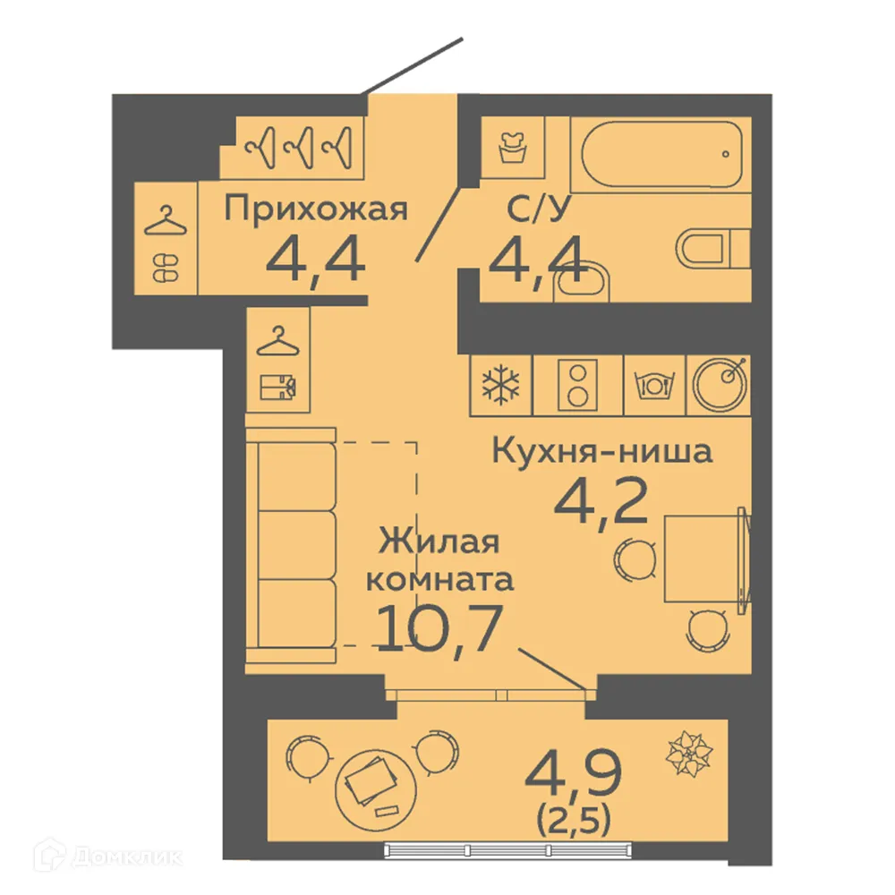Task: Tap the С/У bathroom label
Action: point(533,210)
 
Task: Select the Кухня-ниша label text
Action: point(602,451)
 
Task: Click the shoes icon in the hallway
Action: point(166,265)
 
